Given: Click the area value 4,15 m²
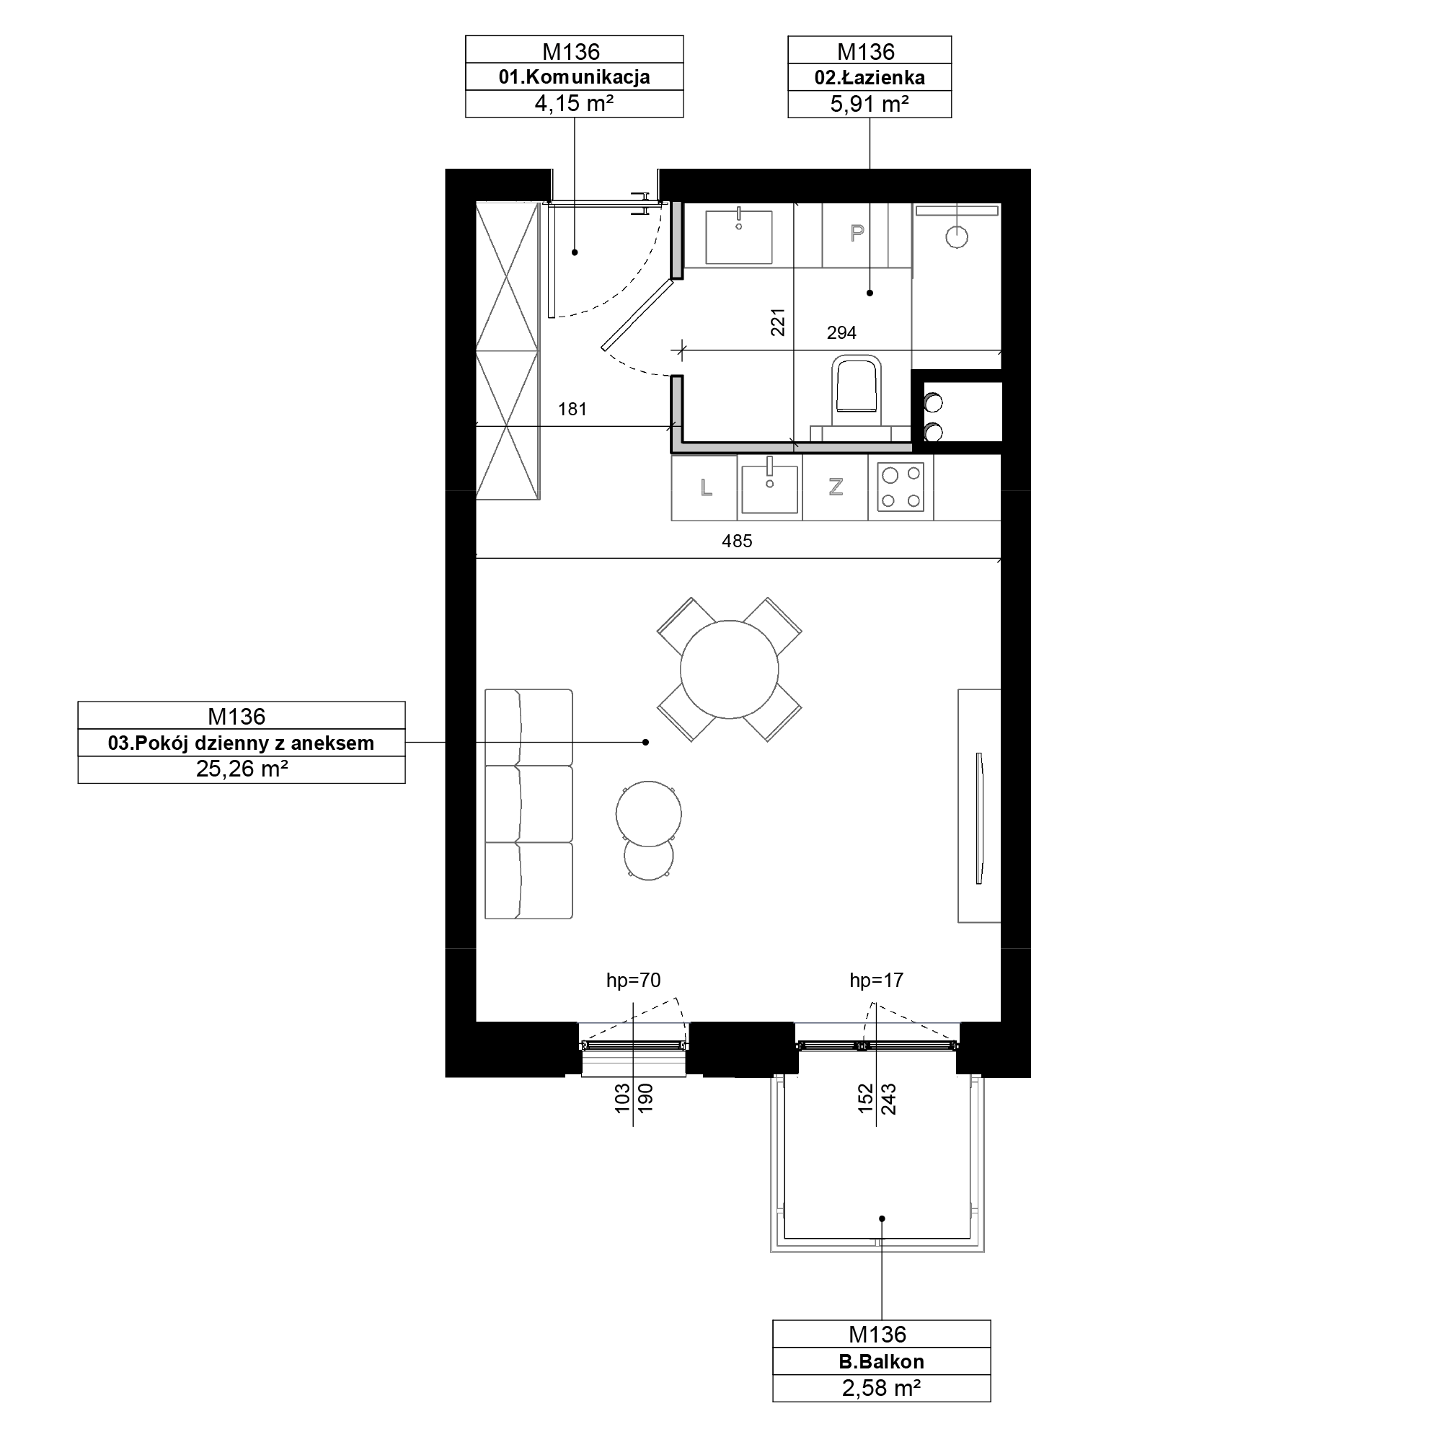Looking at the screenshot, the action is point(574,104).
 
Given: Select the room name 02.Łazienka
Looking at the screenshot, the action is point(870,78).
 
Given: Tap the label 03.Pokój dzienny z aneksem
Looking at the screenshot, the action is point(241,743).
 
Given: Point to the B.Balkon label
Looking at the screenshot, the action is point(882,1361).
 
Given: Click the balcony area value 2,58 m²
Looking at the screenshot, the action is point(882,1387).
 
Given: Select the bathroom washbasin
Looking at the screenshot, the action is point(739,236).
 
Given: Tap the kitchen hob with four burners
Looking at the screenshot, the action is point(901,487).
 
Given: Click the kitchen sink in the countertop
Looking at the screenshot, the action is point(769,487).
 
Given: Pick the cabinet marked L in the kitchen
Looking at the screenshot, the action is point(704,488).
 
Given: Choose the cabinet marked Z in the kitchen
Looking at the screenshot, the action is point(835,488).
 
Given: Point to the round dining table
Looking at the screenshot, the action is point(729,670).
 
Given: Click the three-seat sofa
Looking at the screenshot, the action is point(528,804).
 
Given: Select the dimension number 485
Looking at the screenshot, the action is point(737,541).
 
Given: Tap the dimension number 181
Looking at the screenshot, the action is point(572,409).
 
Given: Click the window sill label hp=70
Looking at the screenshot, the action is point(633,980).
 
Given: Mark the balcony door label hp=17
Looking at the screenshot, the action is point(876,980).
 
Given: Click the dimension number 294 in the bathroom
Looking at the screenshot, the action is point(841,333).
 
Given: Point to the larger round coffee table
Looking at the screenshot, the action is point(649,813).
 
